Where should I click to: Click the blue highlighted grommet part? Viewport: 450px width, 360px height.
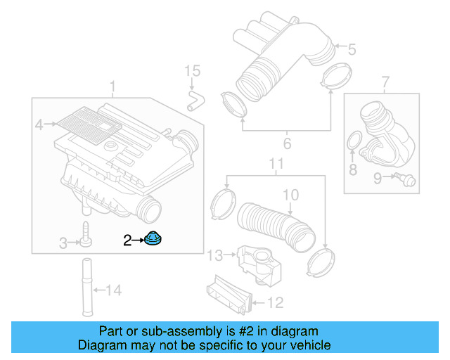pos(153,239)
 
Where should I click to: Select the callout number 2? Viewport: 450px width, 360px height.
pos(127,240)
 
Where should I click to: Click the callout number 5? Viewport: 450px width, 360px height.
pos(352,49)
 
